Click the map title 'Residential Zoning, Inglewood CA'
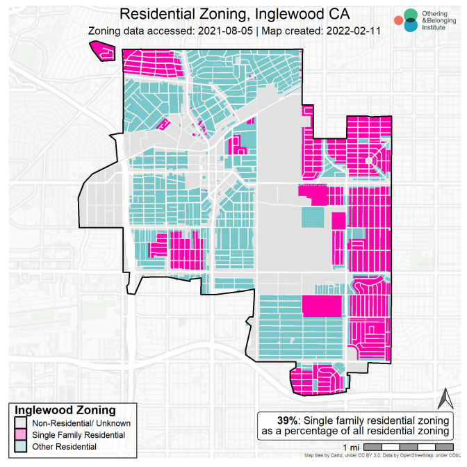click(x=233, y=13)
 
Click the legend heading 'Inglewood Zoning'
click(x=65, y=410)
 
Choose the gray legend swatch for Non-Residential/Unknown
click(x=22, y=423)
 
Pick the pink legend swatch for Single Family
click(x=22, y=434)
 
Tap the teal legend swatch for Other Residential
click(x=22, y=446)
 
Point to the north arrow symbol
click(x=444, y=400)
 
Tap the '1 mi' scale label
click(x=352, y=445)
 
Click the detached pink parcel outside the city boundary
click(x=102, y=51)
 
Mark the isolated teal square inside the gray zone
click(x=312, y=217)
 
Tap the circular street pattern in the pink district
click(x=375, y=161)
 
